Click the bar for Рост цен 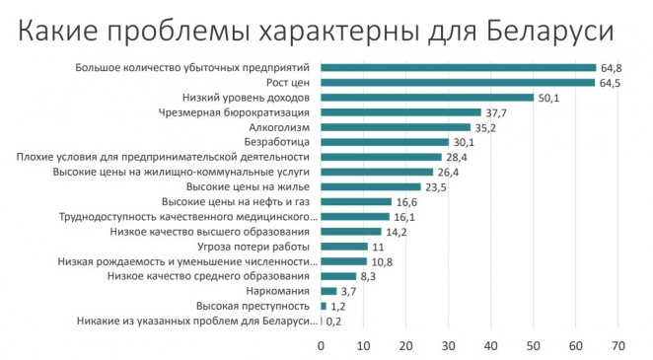point(459,83)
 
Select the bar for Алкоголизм point(397,127)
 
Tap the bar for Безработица point(386,142)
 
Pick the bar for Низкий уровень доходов point(428,98)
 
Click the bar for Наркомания point(329,291)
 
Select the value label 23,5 point(435,186)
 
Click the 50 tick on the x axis point(534,345)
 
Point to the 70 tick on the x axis point(618,345)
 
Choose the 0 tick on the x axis point(322,345)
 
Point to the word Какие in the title point(60,33)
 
